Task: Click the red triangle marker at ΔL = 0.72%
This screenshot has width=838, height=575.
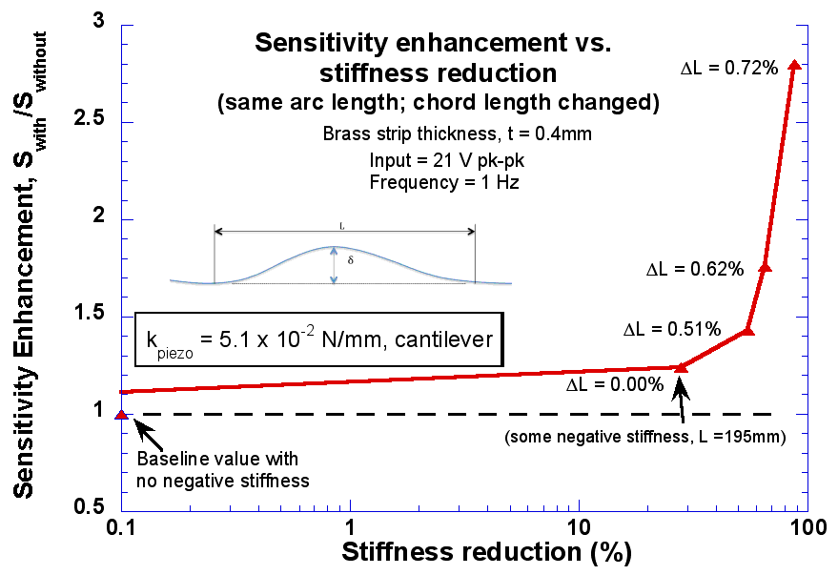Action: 795,64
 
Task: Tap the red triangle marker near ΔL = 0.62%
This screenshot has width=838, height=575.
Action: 764,268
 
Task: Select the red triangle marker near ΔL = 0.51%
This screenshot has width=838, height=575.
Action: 747,330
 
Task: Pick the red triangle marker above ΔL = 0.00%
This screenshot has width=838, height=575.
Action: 680,367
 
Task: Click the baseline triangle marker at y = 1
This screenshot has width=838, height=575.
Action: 121,414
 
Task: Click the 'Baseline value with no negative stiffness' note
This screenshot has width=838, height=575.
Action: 222,470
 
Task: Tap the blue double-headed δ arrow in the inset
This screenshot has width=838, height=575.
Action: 334,265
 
